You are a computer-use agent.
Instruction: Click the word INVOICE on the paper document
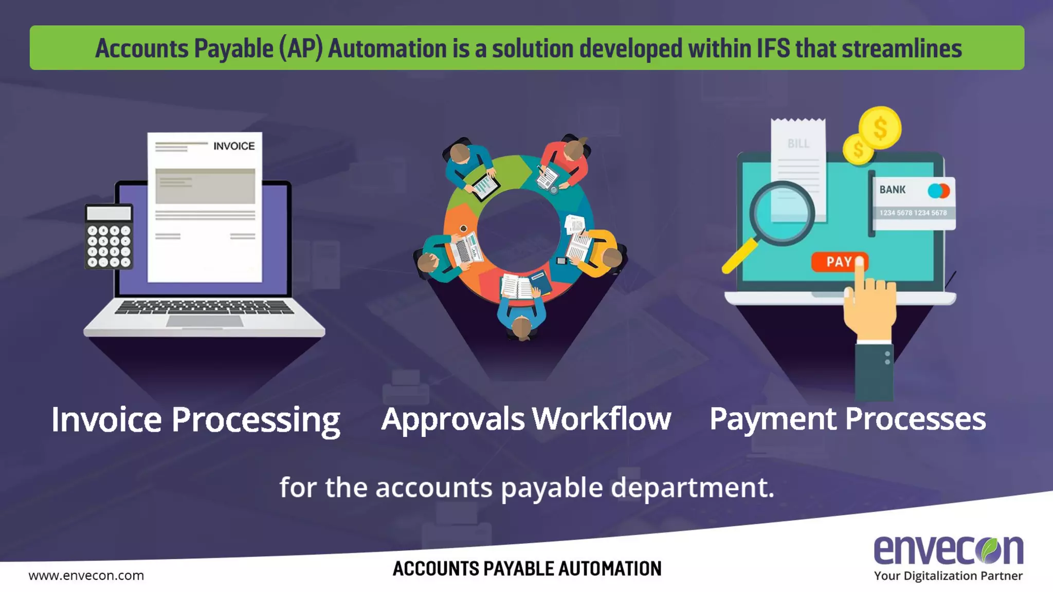click(234, 146)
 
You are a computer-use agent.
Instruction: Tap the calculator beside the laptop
click(109, 237)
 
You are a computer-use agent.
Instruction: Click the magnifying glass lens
click(782, 213)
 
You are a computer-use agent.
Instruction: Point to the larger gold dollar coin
click(880, 128)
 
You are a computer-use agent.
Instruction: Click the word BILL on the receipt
click(798, 143)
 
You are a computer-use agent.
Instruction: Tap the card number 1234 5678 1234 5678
click(913, 213)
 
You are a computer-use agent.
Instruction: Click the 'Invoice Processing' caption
click(195, 420)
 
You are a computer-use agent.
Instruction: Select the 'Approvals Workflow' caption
click(526, 419)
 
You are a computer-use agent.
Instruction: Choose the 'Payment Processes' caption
click(847, 419)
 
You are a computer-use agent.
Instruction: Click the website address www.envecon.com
click(86, 576)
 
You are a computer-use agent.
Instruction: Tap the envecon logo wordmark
click(948, 550)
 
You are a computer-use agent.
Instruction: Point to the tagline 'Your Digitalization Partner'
click(948, 576)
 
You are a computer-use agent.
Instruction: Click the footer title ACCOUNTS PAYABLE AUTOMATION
click(527, 569)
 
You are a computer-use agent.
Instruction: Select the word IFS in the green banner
click(773, 49)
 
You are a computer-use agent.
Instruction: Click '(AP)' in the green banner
click(301, 49)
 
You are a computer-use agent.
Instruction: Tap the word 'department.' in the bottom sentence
click(692, 487)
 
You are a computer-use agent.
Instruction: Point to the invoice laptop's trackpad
click(204, 321)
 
